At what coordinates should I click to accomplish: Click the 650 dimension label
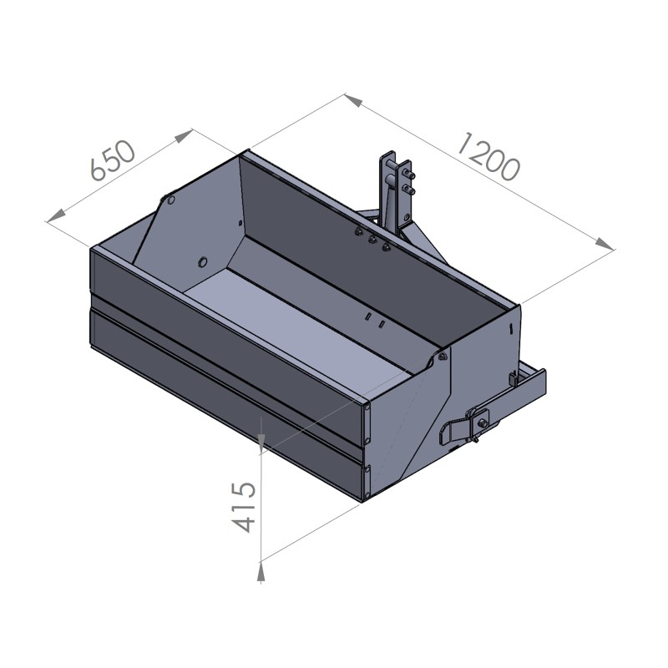click(114, 160)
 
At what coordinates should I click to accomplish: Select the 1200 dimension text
click(489, 155)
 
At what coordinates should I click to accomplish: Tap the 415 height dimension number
click(244, 507)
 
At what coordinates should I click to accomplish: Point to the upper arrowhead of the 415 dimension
click(261, 440)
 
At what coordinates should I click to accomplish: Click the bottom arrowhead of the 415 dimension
click(261, 571)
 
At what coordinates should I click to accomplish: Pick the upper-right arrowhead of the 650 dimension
click(183, 136)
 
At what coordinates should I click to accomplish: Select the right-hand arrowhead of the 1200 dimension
click(604, 244)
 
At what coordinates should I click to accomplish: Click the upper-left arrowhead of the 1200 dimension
click(353, 100)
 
